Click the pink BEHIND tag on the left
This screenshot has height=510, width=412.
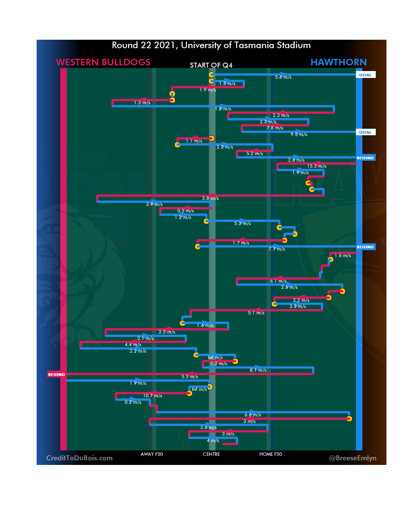click(x=56, y=374)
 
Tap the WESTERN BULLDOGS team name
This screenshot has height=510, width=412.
click(x=103, y=62)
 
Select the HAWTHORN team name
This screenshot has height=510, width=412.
click(x=338, y=62)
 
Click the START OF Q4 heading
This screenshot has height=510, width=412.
click(x=211, y=65)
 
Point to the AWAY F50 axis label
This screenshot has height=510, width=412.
click(x=151, y=454)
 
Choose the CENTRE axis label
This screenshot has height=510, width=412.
click(x=211, y=454)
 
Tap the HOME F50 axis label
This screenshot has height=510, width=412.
click(x=270, y=454)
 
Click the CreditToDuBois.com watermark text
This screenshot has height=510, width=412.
click(x=79, y=458)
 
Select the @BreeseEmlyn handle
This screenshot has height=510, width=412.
click(x=352, y=458)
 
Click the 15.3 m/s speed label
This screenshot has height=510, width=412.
click(x=317, y=166)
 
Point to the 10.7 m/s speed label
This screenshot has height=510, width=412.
click(x=153, y=396)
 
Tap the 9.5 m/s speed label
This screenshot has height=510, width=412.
click(x=299, y=134)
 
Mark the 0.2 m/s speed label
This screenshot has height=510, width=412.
click(x=133, y=402)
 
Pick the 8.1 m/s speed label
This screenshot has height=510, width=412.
click(x=258, y=370)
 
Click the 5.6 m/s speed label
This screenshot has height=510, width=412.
click(x=283, y=77)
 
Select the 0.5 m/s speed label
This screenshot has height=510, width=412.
click(x=185, y=211)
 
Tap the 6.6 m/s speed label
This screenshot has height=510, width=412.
click(x=253, y=415)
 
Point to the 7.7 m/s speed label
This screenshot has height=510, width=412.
click(x=277, y=249)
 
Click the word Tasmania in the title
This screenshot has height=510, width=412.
click(x=254, y=45)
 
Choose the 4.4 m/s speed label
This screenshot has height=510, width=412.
click(x=133, y=345)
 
